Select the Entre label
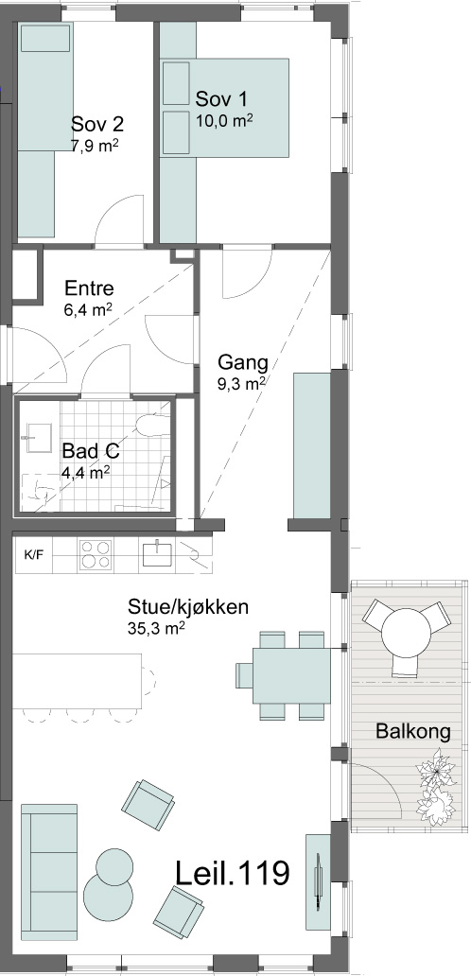[90, 288]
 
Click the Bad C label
[90, 450]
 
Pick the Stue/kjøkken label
[188, 606]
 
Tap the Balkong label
[413, 731]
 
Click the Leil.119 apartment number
[233, 872]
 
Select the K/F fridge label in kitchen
[34, 554]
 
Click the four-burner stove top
[95, 554]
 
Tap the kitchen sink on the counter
[157, 553]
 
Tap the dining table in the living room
[291, 674]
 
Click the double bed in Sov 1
[224, 107]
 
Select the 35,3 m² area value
[155, 628]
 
